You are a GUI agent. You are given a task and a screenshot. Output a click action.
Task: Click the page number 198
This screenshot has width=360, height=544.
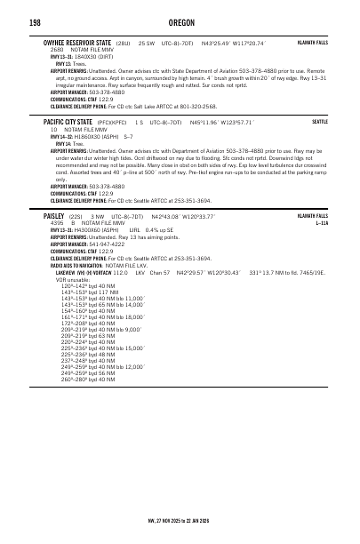(x=12, y=22)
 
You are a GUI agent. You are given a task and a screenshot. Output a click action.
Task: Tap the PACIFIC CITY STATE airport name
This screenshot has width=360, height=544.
(x=68, y=121)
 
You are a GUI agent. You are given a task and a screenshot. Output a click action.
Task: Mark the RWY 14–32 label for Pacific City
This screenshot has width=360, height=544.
(x=55, y=136)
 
